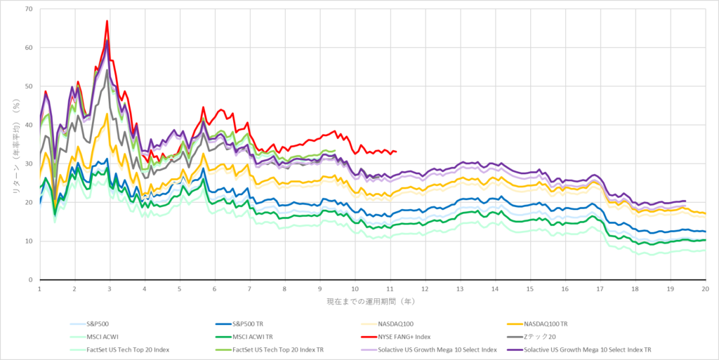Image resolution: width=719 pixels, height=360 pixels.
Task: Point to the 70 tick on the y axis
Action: [30, 9]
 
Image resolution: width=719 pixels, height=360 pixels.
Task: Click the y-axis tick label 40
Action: [30, 125]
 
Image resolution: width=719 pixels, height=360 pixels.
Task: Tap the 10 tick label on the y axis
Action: [30, 241]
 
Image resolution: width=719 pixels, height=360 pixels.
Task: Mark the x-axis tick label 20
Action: [705, 288]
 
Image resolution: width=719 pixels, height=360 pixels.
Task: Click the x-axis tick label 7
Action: [249, 288]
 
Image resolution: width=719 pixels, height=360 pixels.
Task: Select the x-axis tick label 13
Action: [459, 288]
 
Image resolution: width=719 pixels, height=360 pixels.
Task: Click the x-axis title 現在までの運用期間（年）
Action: [372, 300]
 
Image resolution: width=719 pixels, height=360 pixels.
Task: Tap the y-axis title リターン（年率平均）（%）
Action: [11, 144]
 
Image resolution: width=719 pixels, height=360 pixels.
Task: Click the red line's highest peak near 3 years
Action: [107, 21]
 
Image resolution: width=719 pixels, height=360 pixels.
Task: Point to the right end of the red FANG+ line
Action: [397, 152]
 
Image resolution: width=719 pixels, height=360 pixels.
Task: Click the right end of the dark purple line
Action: [685, 201]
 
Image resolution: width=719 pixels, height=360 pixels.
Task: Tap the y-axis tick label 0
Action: [32, 279]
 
